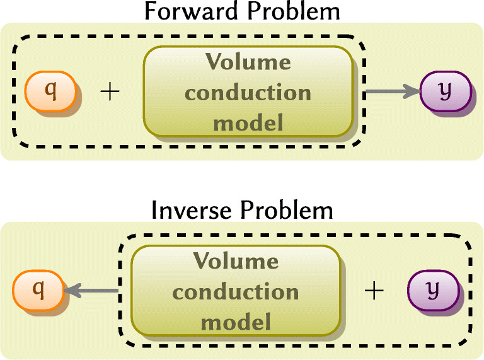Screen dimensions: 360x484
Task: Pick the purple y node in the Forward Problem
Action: point(445,91)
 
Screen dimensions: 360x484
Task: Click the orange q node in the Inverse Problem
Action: point(38,291)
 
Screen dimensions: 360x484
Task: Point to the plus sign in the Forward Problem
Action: point(110,92)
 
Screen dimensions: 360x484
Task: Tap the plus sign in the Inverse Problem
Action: point(374,291)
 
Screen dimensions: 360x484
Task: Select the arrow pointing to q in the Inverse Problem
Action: point(91,291)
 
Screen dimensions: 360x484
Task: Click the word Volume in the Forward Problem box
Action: point(248,62)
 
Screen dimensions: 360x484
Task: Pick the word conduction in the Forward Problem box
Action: point(248,93)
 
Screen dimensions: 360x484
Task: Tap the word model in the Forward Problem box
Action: point(248,122)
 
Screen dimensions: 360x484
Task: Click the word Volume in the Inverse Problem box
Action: point(236,261)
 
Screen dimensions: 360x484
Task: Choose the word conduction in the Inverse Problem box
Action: point(236,292)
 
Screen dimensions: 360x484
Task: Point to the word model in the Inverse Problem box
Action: point(236,322)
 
